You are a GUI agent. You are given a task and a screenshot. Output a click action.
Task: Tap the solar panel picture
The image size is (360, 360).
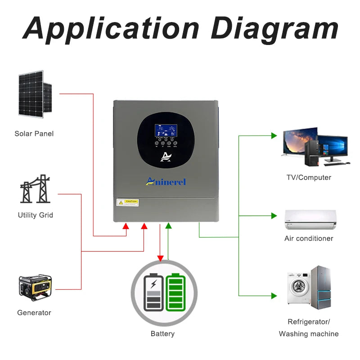tap(35, 94)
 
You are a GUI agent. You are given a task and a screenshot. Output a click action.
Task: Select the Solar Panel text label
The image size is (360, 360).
tap(34, 134)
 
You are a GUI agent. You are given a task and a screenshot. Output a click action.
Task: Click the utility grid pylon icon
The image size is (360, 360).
tap(35, 189)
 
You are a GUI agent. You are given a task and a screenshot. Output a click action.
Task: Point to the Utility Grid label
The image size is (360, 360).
tap(36, 215)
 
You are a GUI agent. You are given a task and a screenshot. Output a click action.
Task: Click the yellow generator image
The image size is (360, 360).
tap(35, 288)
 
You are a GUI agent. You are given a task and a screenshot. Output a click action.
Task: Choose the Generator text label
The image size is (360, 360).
tap(34, 313)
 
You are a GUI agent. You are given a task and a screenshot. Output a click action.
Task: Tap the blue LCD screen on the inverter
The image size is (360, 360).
tap(166, 131)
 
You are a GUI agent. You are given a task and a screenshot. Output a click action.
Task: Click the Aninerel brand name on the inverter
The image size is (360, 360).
tap(166, 181)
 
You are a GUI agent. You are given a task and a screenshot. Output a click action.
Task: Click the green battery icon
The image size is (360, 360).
tap(175, 292)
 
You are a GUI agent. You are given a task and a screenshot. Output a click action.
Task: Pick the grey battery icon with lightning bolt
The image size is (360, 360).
tap(153, 292)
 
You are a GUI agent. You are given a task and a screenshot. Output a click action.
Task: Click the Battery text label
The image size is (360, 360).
tap(162, 334)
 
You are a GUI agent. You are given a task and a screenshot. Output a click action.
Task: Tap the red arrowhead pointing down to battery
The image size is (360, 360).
tap(160, 258)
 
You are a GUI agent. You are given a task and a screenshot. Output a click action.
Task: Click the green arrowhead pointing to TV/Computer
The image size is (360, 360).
tap(274, 135)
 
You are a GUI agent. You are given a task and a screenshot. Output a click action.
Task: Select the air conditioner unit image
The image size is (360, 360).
tap(310, 219)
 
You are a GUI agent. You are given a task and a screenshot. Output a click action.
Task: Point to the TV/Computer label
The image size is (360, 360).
tap(309, 178)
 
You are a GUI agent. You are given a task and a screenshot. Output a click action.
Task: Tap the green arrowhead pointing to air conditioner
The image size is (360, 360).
tap(274, 216)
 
